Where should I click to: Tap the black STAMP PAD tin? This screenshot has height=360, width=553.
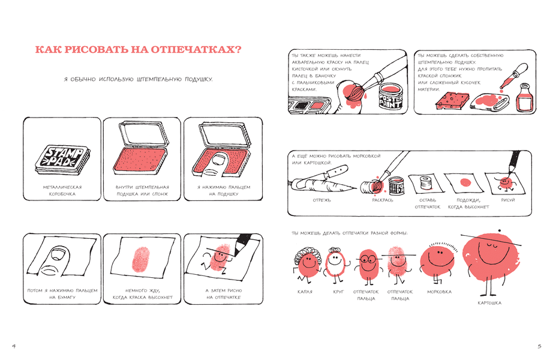(62, 159)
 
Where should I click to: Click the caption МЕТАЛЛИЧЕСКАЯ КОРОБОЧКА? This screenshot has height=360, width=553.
(62, 191)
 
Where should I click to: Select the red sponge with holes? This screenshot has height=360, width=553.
(453, 99)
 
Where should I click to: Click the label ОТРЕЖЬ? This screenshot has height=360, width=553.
(322, 200)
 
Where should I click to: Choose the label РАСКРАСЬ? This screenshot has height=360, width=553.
(382, 200)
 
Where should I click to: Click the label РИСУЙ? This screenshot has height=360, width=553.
(508, 200)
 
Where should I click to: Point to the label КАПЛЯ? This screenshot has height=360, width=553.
(305, 292)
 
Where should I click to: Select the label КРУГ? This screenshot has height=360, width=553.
(338, 292)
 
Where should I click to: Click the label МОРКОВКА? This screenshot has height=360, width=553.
(439, 292)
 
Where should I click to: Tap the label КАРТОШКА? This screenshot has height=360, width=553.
(489, 303)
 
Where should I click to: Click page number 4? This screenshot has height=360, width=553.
(14, 346)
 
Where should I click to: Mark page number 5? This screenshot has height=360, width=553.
(539, 346)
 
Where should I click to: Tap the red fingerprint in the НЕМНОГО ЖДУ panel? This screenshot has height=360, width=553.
(141, 260)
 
